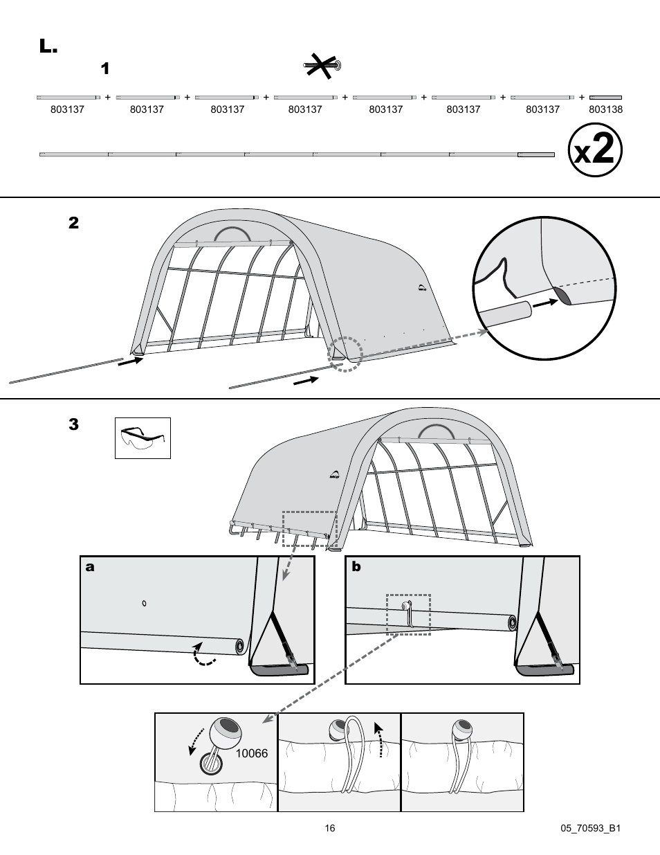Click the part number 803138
click(605, 109)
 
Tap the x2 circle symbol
click(595, 150)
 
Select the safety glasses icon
click(143, 438)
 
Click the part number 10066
click(251, 753)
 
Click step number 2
click(73, 223)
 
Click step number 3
click(73, 424)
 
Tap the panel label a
click(90, 567)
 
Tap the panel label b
click(356, 566)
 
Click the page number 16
click(330, 828)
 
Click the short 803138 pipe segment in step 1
click(605, 98)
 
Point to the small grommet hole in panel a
click(144, 604)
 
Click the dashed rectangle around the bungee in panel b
click(408, 614)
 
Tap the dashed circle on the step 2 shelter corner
click(345, 354)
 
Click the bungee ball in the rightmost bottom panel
click(461, 728)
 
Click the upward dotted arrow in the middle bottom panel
click(378, 739)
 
